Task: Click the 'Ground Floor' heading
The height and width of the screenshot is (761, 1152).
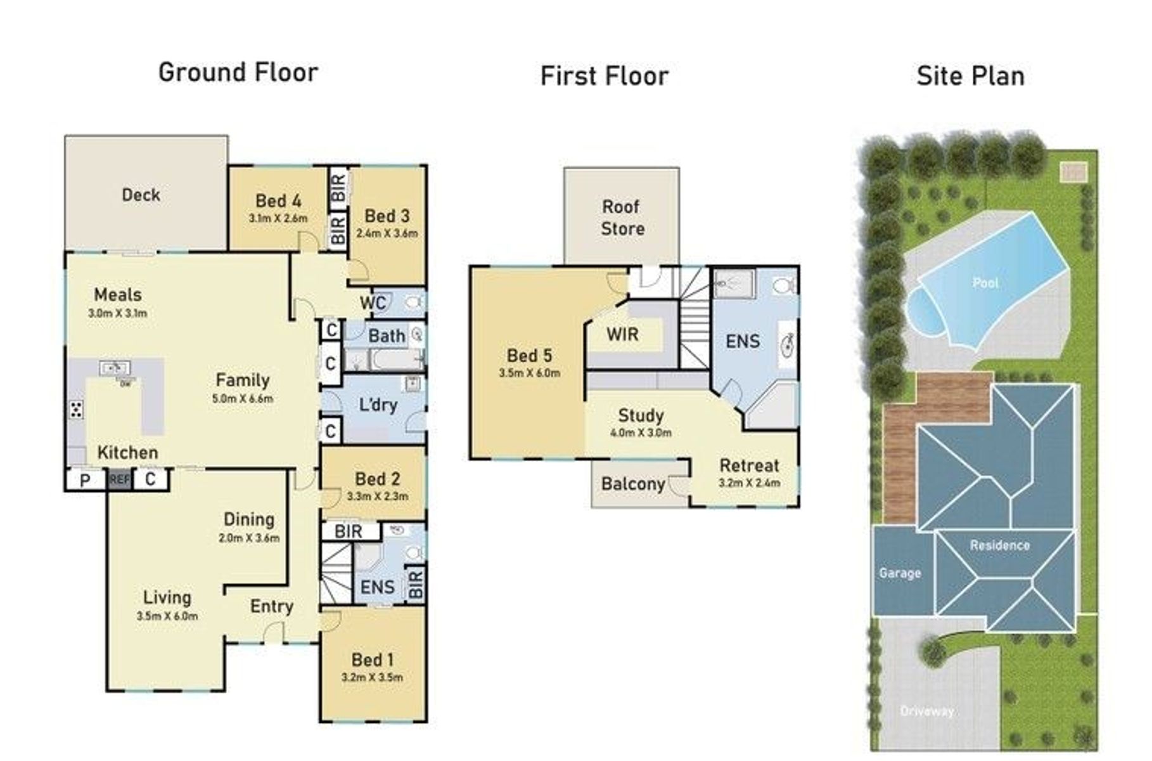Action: tap(238, 73)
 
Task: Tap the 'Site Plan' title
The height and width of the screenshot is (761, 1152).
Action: tap(970, 76)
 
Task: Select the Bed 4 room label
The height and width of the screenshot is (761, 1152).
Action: tap(278, 201)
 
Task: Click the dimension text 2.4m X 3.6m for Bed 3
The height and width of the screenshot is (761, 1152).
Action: tap(387, 233)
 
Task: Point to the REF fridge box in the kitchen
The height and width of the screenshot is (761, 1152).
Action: tap(119, 479)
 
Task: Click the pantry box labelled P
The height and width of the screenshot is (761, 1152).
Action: tap(86, 480)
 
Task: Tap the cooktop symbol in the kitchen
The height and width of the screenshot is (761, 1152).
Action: tap(76, 409)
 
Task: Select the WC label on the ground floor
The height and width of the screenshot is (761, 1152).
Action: tap(373, 302)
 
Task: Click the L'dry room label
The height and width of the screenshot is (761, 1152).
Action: tap(378, 405)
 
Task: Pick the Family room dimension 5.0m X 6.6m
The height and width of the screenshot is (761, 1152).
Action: tap(243, 399)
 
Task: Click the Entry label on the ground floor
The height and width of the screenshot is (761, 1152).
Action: tap(272, 606)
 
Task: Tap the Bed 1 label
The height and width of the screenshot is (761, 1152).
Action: tap(373, 660)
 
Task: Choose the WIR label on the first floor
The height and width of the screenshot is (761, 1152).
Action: tap(622, 334)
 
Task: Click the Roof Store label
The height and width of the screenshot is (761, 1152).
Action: tap(622, 218)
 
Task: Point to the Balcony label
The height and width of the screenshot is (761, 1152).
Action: tap(633, 484)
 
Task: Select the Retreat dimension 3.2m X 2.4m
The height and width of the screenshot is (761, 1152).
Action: tap(750, 483)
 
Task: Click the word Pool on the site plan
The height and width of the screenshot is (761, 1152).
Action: tap(985, 283)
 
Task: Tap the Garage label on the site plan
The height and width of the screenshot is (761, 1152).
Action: tap(900, 573)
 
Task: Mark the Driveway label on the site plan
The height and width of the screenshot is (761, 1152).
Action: tap(927, 712)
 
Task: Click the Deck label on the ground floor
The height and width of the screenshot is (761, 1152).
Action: tap(141, 195)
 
